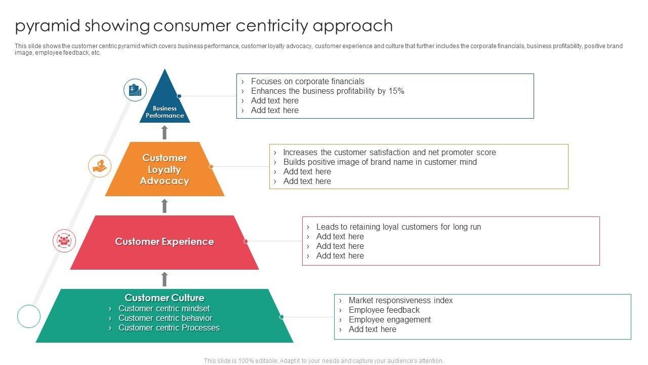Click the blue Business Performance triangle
pos(165,104)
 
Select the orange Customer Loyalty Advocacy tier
pos(165,169)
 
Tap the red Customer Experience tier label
pos(165,242)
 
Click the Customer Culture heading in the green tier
pos(165,298)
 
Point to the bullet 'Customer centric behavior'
pos(165,318)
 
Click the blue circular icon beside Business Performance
pos(135,90)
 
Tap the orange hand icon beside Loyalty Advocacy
pos(100,166)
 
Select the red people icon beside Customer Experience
pos(64,241)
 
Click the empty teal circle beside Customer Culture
pos(29,316)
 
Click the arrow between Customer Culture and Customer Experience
pos(165,279)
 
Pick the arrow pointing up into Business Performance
pos(165,132)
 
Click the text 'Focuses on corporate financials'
pos(307,82)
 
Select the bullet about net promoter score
pos(389,153)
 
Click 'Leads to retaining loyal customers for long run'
pos(398,227)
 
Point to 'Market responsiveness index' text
pos(400,301)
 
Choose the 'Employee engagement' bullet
pos(389,320)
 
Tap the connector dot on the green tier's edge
pos(281,317)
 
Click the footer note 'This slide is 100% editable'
pos(323,361)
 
